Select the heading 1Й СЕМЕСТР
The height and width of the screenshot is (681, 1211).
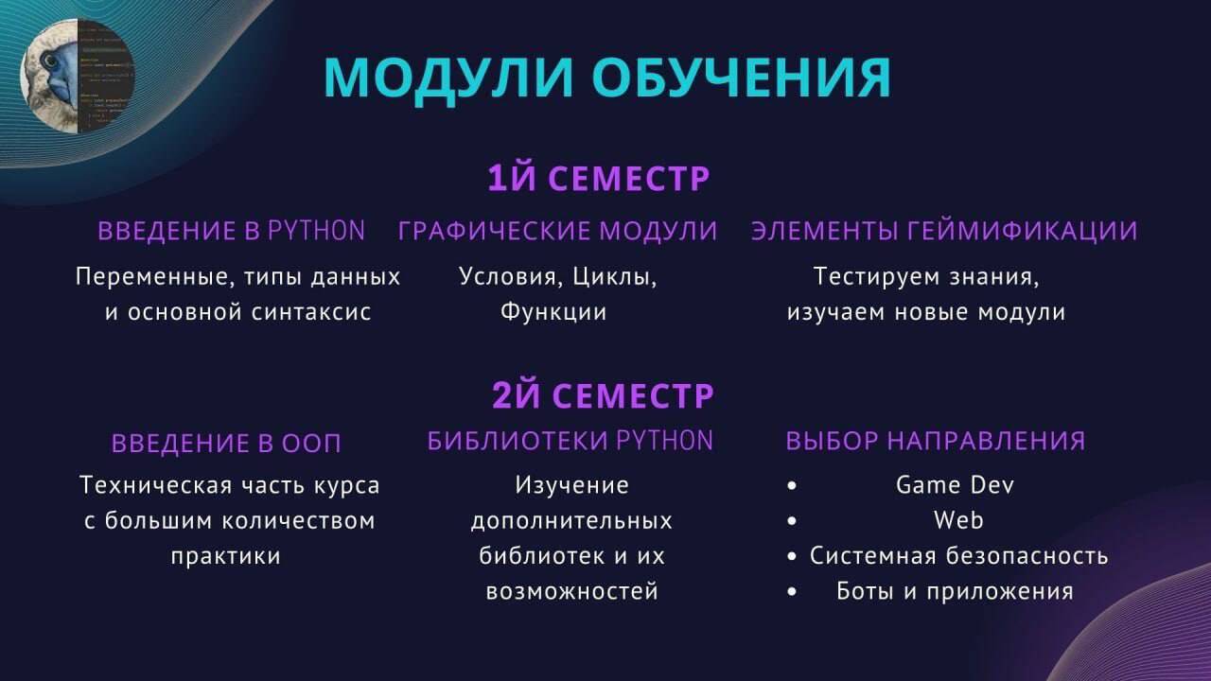pos(599,179)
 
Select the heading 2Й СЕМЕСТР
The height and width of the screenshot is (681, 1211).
pos(603,395)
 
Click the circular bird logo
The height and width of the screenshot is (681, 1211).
pos(78,77)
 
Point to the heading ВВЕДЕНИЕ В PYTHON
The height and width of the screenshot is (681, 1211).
pos(232,231)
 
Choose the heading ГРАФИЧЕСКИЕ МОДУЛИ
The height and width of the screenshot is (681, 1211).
pos(557,231)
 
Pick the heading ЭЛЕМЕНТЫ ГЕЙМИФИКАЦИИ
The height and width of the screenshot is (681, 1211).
pos(944,231)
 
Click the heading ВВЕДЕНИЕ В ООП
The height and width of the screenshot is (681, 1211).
pos(226,443)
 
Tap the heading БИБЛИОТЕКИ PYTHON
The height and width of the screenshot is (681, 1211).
pos(570,441)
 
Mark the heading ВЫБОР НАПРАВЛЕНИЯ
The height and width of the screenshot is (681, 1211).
pos(935,441)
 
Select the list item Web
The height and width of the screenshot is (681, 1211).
pos(958,520)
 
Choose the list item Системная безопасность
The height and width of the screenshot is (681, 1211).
pos(958,555)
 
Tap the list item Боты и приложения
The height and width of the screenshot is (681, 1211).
pos(955,591)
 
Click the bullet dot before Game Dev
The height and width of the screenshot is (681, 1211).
pos(792,486)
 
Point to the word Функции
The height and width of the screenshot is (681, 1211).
pos(553,312)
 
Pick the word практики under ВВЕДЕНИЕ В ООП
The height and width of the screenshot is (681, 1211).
pos(226,555)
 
